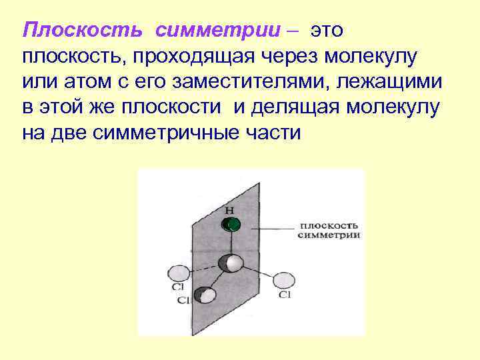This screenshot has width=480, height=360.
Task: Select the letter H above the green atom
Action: pyautogui.click(x=229, y=210)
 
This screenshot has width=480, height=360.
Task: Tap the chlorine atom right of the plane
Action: pyautogui.click(x=284, y=281)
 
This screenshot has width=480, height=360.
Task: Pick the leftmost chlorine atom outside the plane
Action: pyautogui.click(x=178, y=273)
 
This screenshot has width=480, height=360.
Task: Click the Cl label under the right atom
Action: pyautogui.click(x=285, y=295)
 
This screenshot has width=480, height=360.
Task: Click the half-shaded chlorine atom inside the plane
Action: pyautogui.click(x=206, y=295)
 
